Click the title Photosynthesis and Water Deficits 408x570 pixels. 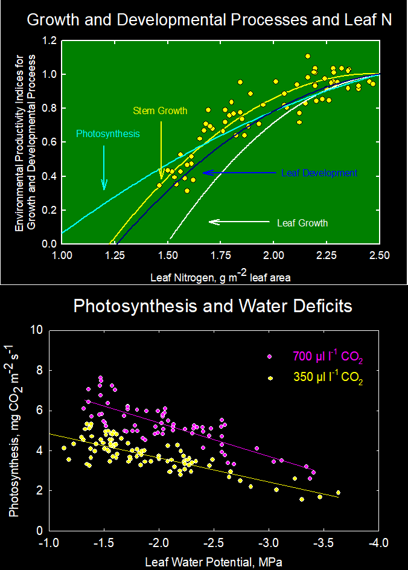pos(212,306)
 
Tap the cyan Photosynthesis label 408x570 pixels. pos(107,134)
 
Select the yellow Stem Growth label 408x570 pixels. pos(160,110)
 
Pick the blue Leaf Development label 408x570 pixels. pos(319,173)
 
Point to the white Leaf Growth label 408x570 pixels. pos(302,223)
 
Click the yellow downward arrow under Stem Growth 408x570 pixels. pos(161,151)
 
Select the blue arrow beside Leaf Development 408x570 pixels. pos(240,173)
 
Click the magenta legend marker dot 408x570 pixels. pos(270,356)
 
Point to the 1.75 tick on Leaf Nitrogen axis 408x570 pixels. pos(220,256)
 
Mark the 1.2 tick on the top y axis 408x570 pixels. pos(49,41)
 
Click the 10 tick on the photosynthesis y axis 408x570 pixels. pos(37,330)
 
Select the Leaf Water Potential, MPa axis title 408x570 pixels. pos(213,562)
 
